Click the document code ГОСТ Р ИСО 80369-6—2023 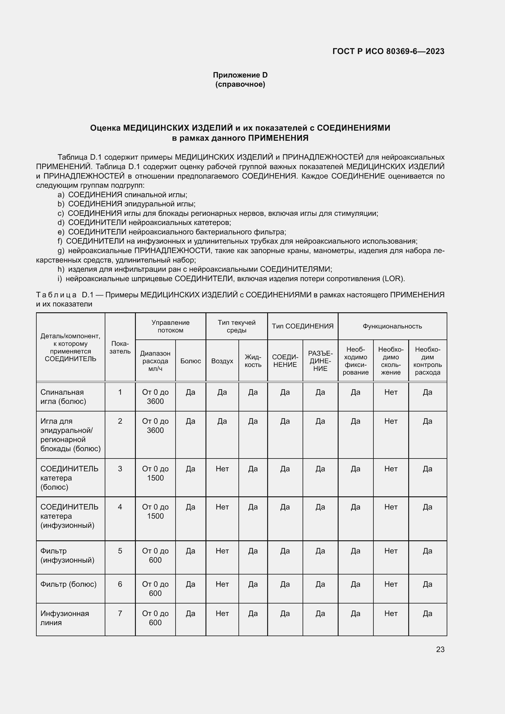[x=388, y=51]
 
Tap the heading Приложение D [x=240, y=75]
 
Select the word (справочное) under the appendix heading [x=240, y=84]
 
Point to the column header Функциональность [x=392, y=326]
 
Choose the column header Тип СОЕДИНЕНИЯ [x=303, y=326]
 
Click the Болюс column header [x=190, y=361]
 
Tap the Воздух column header [x=222, y=361]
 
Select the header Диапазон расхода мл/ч [x=155, y=361]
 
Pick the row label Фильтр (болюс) [x=68, y=584]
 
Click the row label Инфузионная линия [x=64, y=618]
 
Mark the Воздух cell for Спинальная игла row [x=222, y=392]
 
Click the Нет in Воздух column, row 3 [x=222, y=469]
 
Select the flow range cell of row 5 [x=155, y=555]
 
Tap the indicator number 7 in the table [x=120, y=614]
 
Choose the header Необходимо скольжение [x=391, y=361]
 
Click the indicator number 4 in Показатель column [x=120, y=507]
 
